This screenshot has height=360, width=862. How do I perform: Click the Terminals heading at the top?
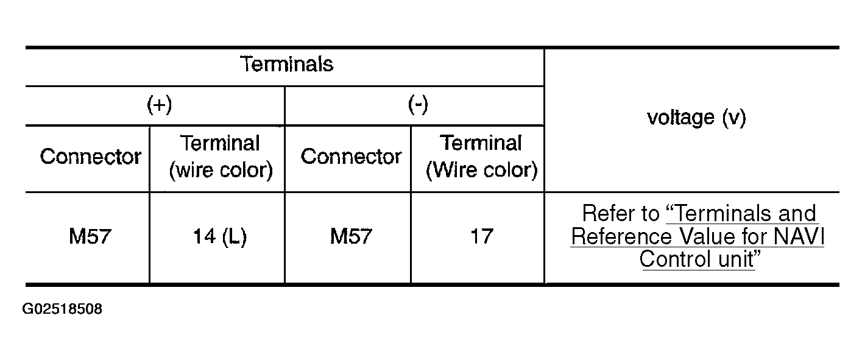(287, 64)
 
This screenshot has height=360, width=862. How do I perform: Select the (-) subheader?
(418, 105)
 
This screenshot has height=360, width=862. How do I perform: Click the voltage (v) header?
(696, 118)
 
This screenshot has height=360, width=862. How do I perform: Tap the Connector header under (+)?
(90, 157)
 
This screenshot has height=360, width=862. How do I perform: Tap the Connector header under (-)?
(351, 157)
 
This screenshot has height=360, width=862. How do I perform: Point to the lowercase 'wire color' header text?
(221, 171)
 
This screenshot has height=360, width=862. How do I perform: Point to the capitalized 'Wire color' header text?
(481, 171)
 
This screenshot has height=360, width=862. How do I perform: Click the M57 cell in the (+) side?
(90, 236)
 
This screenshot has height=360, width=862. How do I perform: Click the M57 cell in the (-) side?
(351, 236)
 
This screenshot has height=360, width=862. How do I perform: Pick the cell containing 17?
(481, 236)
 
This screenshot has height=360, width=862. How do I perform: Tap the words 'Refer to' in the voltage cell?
(620, 214)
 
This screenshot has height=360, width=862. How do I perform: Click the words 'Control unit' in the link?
(696, 259)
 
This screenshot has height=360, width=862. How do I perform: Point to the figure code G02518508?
(62, 309)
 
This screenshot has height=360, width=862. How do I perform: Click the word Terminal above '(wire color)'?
(220, 144)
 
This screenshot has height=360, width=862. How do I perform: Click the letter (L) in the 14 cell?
(235, 236)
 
